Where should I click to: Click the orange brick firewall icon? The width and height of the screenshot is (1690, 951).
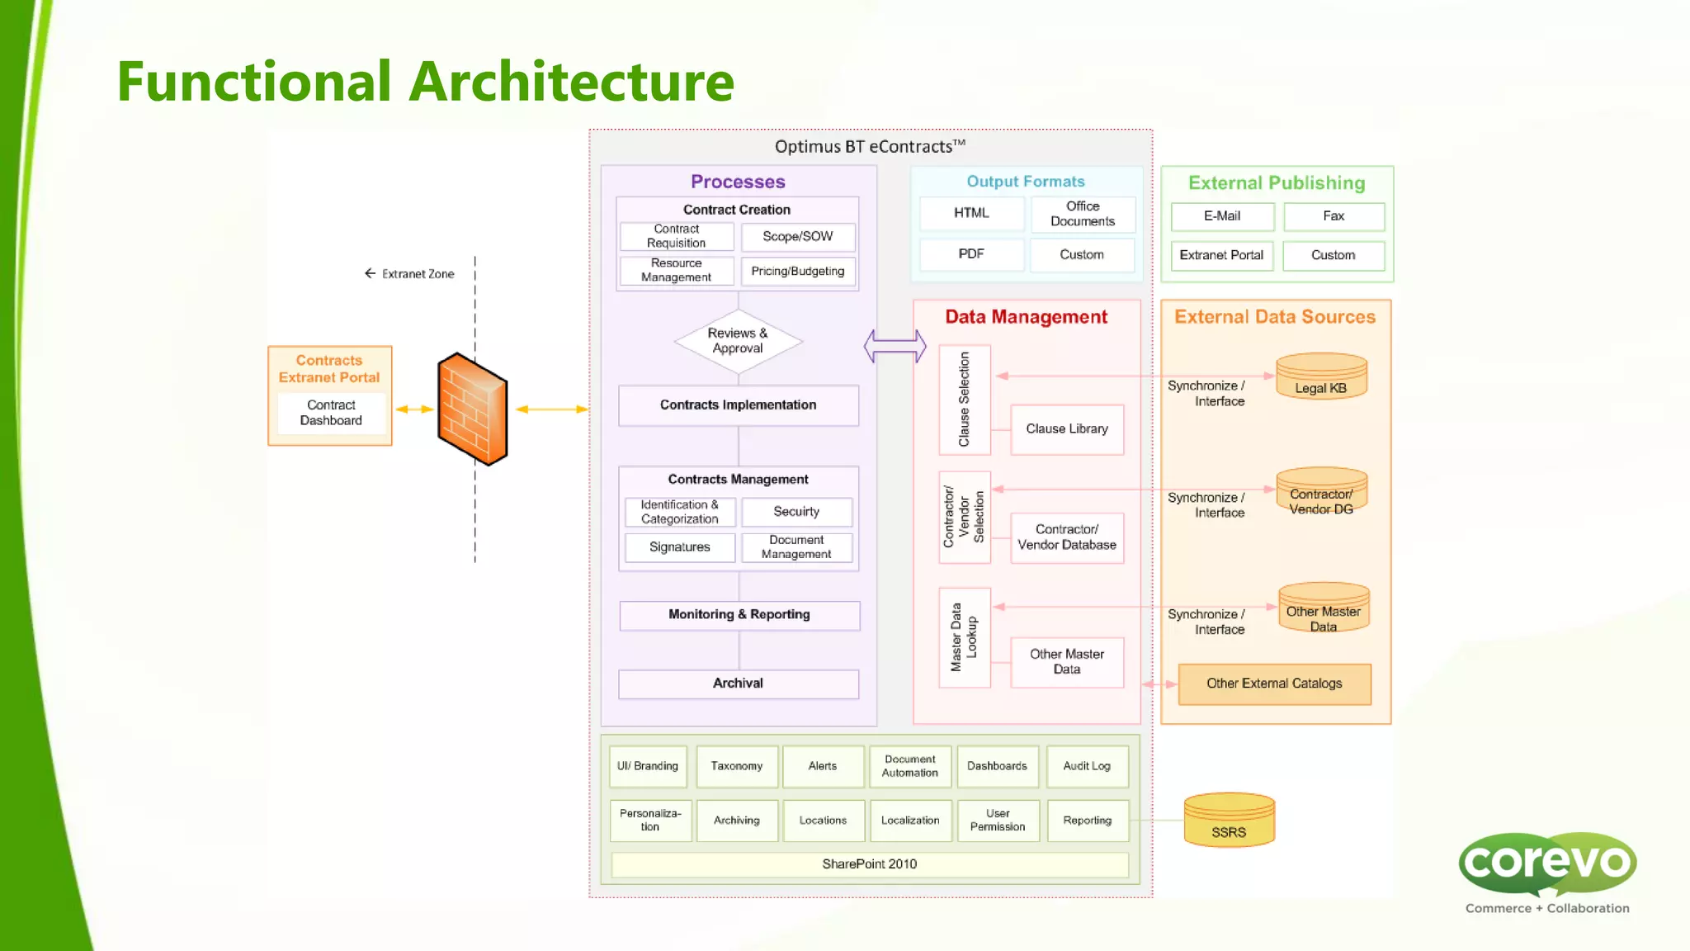click(x=472, y=409)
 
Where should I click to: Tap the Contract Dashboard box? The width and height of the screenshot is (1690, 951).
click(x=331, y=413)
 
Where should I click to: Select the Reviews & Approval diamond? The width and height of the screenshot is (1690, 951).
click(x=738, y=341)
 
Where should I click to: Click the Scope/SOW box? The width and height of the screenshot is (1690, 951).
click(x=797, y=237)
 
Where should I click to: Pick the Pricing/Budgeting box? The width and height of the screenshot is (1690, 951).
click(x=797, y=272)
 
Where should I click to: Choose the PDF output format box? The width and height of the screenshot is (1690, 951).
click(x=971, y=254)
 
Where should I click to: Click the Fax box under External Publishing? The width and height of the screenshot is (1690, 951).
click(x=1334, y=216)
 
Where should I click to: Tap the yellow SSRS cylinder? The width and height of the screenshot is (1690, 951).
click(x=1229, y=821)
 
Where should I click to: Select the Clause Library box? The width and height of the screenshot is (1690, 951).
click(x=1067, y=429)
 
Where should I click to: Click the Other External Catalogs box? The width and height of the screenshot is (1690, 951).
click(x=1274, y=684)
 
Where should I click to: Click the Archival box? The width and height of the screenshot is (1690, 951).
click(x=738, y=684)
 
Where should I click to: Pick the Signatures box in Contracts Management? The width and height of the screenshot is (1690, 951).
click(x=679, y=547)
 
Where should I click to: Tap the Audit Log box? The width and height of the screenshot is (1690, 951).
click(x=1087, y=766)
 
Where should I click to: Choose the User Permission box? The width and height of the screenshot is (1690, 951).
click(x=997, y=820)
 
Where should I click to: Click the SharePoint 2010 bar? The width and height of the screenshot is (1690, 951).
click(x=869, y=864)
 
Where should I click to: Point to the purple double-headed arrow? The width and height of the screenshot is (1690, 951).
click(x=895, y=346)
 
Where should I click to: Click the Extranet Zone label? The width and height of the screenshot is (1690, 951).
click(x=417, y=274)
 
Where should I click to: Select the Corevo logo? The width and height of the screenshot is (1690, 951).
click(x=1547, y=867)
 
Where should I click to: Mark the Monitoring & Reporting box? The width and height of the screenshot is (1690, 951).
click(x=739, y=615)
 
